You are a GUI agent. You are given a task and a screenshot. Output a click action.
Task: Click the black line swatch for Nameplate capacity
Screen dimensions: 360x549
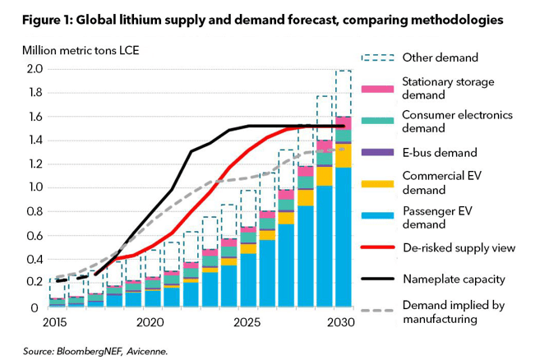click(x=377, y=279)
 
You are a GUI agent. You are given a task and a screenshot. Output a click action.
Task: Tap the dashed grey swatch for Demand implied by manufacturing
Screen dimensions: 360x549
click(x=377, y=311)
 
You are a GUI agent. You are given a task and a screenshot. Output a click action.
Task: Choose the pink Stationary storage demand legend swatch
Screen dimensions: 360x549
click(x=377, y=88)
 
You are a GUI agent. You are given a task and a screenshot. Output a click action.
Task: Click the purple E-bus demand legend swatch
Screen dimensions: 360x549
click(x=377, y=151)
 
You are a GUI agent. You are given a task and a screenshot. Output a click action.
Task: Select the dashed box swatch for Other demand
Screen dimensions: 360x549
click(x=377, y=57)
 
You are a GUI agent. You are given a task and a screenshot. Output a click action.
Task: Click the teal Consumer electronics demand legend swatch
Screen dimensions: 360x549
click(x=377, y=120)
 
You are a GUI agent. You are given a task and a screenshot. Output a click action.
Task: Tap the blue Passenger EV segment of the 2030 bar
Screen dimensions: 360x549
click(x=343, y=238)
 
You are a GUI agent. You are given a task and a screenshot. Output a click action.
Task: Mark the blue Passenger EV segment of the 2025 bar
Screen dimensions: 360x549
click(x=247, y=280)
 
